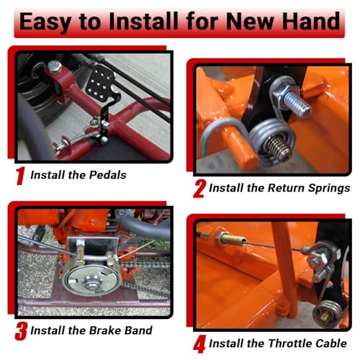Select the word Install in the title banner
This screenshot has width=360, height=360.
[143, 21]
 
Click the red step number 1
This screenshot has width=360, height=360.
[20, 176]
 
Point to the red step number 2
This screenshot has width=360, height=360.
[199, 189]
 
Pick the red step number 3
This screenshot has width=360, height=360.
[21, 331]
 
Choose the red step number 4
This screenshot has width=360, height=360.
[199, 344]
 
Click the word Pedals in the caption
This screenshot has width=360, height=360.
[107, 175]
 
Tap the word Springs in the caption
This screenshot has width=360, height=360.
[329, 189]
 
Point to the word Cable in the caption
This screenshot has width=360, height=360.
[331, 343]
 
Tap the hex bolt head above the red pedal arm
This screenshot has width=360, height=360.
[54, 66]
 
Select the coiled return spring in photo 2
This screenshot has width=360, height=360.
[272, 142]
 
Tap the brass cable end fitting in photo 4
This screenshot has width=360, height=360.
[231, 239]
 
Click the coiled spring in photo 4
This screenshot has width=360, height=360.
[327, 312]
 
